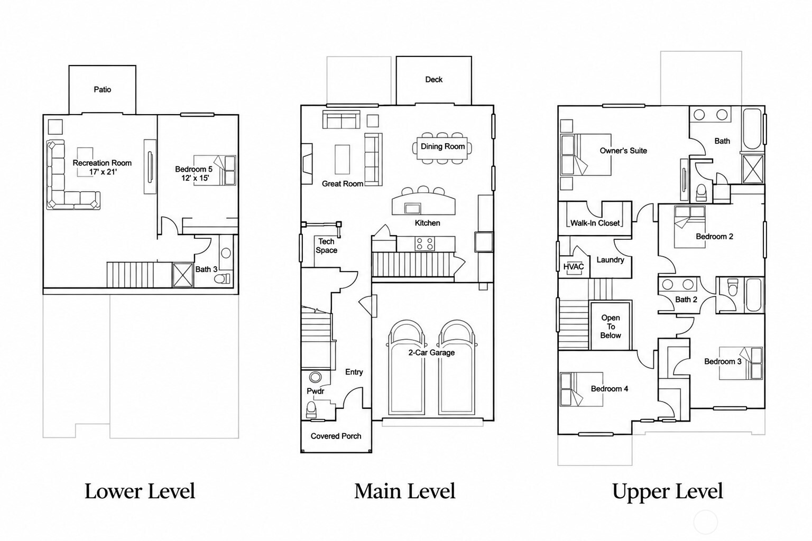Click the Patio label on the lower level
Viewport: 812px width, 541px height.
pyautogui.click(x=102, y=89)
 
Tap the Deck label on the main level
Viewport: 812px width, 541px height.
pyautogui.click(x=433, y=79)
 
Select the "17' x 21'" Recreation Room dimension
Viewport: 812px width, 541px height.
pyautogui.click(x=103, y=172)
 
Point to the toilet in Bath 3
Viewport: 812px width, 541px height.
pyautogui.click(x=222, y=278)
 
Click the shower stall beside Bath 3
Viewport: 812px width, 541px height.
pyautogui.click(x=183, y=275)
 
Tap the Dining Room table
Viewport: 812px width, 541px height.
pyautogui.click(x=442, y=148)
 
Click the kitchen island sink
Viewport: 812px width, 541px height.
pyautogui.click(x=412, y=208)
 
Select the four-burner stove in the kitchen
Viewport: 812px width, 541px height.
pyautogui.click(x=425, y=244)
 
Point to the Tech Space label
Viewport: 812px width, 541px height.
pyautogui.click(x=326, y=246)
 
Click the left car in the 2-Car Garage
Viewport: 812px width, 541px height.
pyautogui.click(x=407, y=367)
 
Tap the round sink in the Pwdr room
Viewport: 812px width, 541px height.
pyautogui.click(x=315, y=377)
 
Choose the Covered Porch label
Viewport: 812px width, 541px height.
pyautogui.click(x=336, y=436)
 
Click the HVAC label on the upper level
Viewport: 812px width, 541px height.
pyautogui.click(x=574, y=267)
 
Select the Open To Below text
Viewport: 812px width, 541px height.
pyautogui.click(x=611, y=327)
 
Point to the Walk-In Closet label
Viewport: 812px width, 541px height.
pyautogui.click(x=595, y=223)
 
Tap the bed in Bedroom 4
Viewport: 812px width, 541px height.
pyautogui.click(x=582, y=389)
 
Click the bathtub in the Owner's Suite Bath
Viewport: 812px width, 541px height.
pyautogui.click(x=753, y=128)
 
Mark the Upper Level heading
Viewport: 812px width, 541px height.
pyautogui.click(x=667, y=492)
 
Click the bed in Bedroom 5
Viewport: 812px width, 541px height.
pyautogui.click(x=215, y=170)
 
